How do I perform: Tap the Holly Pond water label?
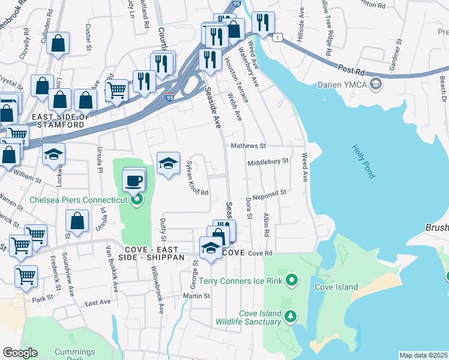tap(363, 161)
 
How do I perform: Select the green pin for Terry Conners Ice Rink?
tap(292, 280)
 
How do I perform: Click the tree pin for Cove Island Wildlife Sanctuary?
tap(291, 316)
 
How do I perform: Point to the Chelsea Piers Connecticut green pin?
tap(137, 200)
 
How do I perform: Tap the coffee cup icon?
tap(133, 180)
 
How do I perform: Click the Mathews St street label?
tap(247, 146)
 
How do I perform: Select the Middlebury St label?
tap(268, 161)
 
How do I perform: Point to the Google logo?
tap(20, 353)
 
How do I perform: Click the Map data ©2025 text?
tap(423, 355)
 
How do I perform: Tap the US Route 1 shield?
tap(277, 37)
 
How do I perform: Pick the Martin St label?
tap(197, 296)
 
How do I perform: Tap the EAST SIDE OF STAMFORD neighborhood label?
tap(59, 121)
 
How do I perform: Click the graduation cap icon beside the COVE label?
tap(211, 248)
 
